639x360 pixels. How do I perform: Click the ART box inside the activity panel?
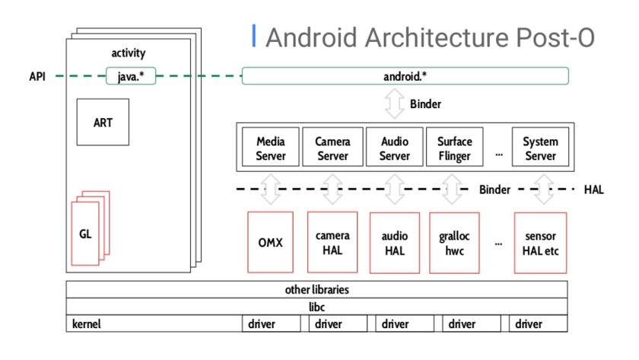(x=103, y=122)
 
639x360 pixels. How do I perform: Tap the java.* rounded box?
(x=131, y=76)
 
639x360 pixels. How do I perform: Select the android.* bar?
(x=405, y=76)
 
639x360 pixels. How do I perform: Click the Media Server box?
(x=271, y=148)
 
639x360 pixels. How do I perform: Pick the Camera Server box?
(x=332, y=148)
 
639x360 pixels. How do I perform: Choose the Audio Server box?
(x=394, y=148)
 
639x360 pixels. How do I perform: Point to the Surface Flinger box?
(x=454, y=148)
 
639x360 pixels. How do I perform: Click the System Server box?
(x=540, y=148)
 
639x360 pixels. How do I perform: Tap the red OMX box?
(x=270, y=243)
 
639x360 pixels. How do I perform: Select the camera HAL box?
(x=332, y=243)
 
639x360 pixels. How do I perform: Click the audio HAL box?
(x=394, y=243)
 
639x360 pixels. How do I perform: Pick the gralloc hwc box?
(x=454, y=243)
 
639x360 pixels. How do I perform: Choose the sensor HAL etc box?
(x=540, y=243)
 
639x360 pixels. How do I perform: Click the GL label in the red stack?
(x=85, y=234)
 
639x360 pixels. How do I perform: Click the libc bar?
(x=316, y=307)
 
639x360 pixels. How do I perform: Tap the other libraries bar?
(x=316, y=290)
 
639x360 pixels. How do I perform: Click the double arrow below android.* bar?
(x=394, y=104)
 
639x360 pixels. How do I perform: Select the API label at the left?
(x=37, y=76)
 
